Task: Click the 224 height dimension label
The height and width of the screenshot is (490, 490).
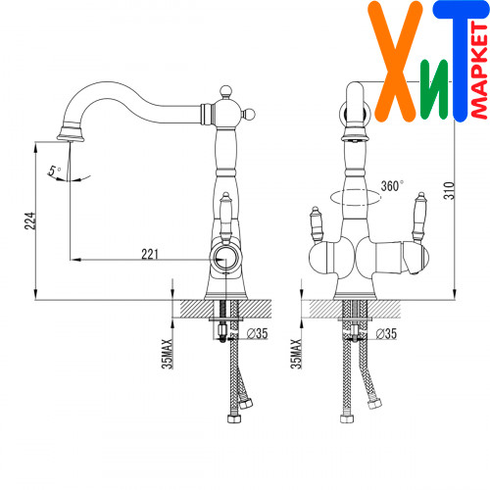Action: (30, 220)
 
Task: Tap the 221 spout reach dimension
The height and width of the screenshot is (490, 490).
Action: (150, 254)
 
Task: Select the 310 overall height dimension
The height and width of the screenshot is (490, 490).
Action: (450, 190)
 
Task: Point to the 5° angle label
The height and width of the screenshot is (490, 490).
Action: (55, 171)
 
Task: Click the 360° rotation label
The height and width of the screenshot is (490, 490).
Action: (392, 185)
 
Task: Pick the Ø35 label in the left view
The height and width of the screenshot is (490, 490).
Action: (258, 333)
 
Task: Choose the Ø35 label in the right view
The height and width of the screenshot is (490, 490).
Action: (386, 333)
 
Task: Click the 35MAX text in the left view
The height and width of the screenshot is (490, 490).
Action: (167, 354)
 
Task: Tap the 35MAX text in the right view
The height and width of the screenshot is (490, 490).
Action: (296, 354)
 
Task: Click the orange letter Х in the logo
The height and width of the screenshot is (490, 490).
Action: (396, 62)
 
